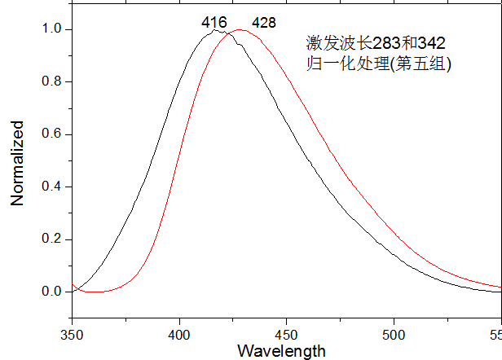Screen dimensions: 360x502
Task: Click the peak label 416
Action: [214, 22]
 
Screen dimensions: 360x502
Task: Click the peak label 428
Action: [264, 22]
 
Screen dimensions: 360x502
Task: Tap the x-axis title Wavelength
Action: [281, 351]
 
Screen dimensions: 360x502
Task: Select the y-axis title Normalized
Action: [17, 163]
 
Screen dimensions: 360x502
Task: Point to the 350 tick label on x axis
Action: [72, 333]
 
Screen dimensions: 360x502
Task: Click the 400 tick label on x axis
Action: [178, 333]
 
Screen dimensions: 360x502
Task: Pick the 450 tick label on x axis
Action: [286, 333]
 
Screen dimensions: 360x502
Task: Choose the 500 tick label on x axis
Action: [394, 333]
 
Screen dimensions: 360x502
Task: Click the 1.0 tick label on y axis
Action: [51, 29]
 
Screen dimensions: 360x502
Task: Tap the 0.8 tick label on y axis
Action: [51, 82]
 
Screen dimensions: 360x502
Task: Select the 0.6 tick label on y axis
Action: [51, 134]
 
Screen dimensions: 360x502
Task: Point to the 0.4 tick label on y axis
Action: [51, 187]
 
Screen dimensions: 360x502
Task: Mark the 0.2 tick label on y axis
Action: [51, 239]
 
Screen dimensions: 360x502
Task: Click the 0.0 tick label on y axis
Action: [51, 292]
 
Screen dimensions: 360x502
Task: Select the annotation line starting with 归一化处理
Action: [378, 63]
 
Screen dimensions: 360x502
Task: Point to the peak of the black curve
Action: [214, 30]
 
